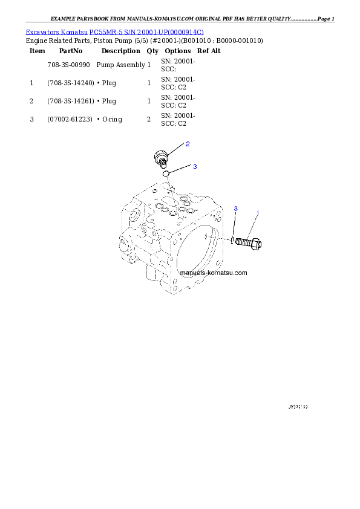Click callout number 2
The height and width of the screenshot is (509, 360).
[188, 144]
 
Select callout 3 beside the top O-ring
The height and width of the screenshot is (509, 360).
[195, 166]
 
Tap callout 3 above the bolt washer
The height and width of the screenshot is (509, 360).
[236, 209]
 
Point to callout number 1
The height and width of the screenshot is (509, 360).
[257, 213]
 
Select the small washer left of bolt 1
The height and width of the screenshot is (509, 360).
[233, 241]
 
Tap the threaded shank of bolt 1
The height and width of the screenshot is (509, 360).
[243, 242]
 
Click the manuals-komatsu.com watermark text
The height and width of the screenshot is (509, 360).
[214, 273]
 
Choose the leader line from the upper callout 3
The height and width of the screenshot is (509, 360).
[182, 170]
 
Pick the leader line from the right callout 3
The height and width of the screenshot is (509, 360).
[235, 224]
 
